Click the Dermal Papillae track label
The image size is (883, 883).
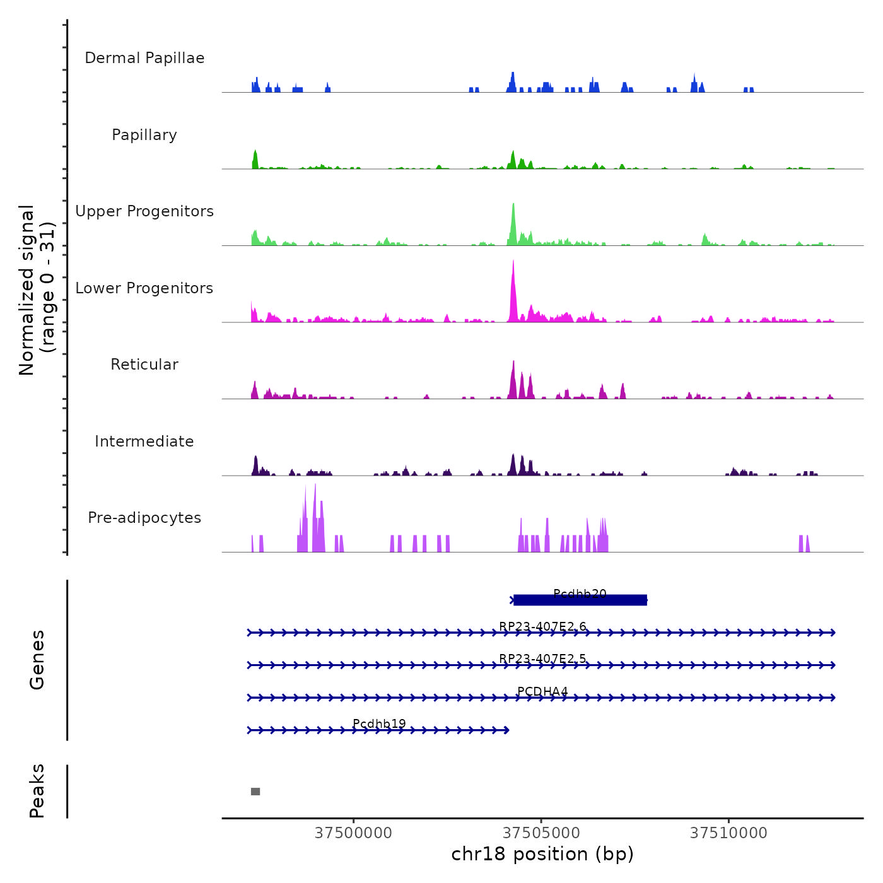coord(144,58)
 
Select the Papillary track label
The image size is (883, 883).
coord(144,135)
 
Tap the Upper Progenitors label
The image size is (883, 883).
coord(144,211)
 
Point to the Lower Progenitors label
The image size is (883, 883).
coord(144,288)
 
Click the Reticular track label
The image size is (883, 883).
coord(144,365)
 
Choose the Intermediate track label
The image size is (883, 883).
coord(144,441)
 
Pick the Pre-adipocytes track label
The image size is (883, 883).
coord(144,518)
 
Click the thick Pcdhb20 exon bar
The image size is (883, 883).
coord(580,600)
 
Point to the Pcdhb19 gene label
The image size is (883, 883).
coord(379,723)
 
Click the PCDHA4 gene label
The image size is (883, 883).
coord(542,691)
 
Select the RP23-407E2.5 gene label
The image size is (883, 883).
coord(542,658)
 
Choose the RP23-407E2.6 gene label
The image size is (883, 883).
coord(542,626)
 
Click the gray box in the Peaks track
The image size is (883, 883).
coord(255,792)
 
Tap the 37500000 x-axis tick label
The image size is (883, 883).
coord(353,833)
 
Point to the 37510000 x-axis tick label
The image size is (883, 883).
coord(728,833)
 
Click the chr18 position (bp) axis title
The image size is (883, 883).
coord(542,854)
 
